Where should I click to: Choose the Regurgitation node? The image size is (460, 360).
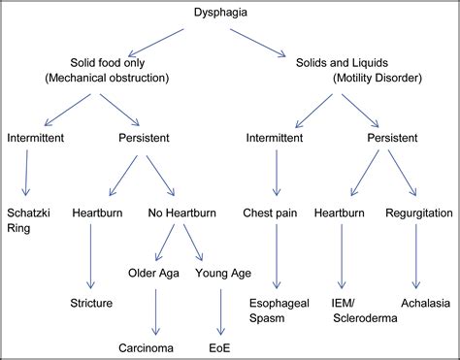pyautogui.click(x=419, y=211)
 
